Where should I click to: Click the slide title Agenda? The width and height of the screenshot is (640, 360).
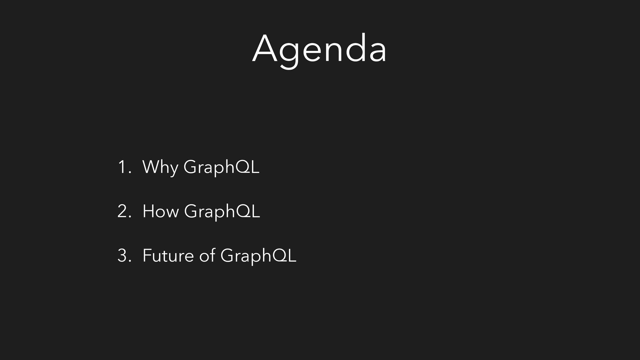coord(319,50)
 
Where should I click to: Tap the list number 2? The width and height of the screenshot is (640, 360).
coord(124,211)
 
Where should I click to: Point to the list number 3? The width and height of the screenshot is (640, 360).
coord(124,255)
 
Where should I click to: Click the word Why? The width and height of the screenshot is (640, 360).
coord(160,167)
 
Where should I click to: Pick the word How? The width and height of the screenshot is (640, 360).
coord(160,211)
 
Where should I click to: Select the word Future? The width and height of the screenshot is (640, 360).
coord(168,255)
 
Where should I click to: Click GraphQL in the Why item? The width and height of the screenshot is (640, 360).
coord(221,167)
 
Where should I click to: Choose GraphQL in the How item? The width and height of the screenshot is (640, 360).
coord(222,212)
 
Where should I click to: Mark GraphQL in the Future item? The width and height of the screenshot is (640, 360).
coord(258,256)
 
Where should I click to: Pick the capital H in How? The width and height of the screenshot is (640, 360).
coord(148,211)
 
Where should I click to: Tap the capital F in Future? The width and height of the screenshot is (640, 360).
coord(147,255)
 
